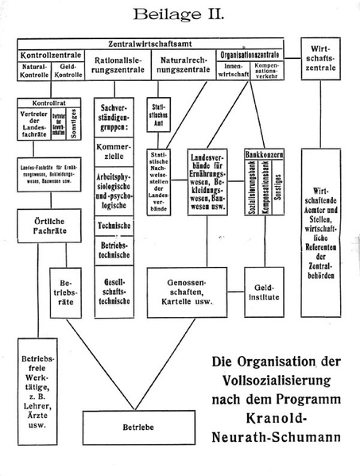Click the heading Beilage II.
[179, 14]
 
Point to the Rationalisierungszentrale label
[118, 65]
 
